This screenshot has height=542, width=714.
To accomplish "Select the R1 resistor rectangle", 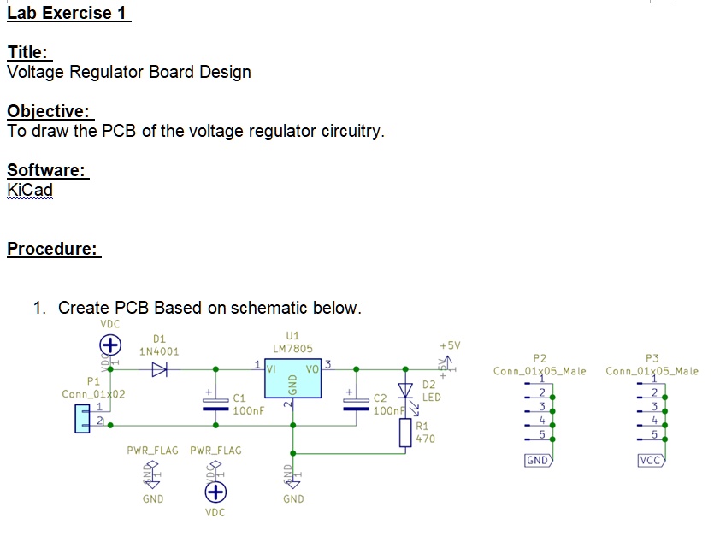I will tap(405, 433).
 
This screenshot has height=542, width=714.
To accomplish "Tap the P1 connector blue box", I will tap(82, 418).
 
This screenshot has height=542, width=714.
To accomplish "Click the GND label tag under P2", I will tap(538, 461).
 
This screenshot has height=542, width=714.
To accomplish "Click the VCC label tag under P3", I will tap(651, 461).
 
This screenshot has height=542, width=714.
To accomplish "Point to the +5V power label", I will tap(450, 345).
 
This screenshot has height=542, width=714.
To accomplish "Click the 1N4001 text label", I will tap(159, 351).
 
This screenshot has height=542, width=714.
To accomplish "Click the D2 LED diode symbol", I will tap(406, 391).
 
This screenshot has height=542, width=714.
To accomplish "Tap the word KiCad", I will tap(30, 189).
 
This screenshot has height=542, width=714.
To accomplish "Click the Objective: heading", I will tap(49, 112).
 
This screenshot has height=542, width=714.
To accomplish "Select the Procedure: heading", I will tap(53, 249).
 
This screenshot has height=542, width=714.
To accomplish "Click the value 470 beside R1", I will tap(425, 439).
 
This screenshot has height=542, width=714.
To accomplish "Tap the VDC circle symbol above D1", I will tap(109, 345).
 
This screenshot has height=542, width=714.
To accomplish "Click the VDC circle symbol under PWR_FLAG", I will tap(215, 492).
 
